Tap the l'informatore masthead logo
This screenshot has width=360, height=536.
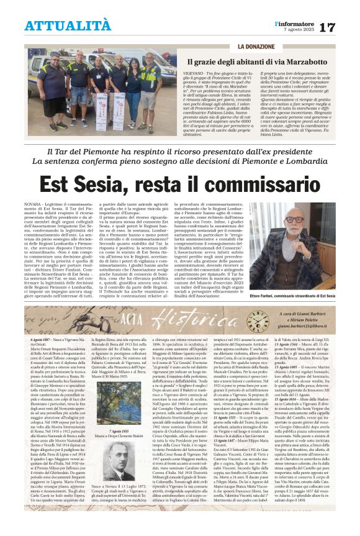[308, 23]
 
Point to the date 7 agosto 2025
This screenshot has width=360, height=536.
[308, 30]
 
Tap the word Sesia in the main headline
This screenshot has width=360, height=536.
[96, 183]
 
